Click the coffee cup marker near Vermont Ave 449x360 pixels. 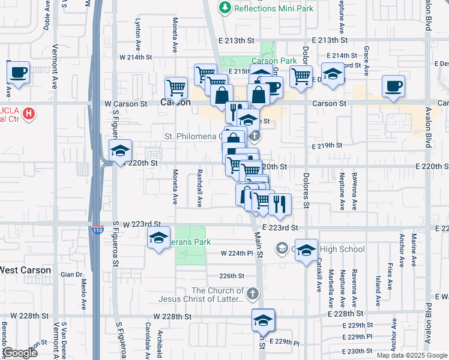coord(19,73)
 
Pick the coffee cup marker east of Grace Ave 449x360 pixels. coord(394,86)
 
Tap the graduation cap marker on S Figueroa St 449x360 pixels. coord(120,151)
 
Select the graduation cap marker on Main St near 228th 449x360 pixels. coord(263,320)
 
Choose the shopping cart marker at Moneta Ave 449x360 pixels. coord(176,87)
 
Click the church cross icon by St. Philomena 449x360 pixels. coord(256,136)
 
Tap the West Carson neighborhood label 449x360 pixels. coord(25,270)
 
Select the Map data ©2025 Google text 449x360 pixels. coord(411,355)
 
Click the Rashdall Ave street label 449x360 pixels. coord(198,186)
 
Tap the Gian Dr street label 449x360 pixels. coord(70,275)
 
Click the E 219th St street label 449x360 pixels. coord(327,146)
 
